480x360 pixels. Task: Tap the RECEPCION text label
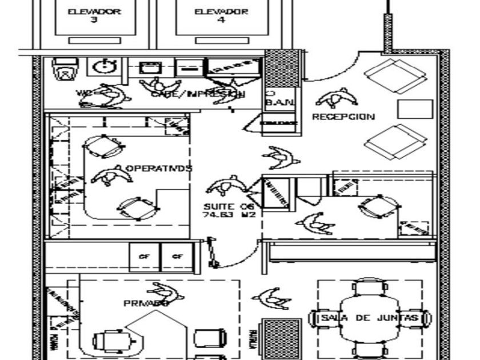[x=343, y=117]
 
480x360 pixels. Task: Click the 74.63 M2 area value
[x=228, y=215]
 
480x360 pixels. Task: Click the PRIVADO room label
[x=146, y=303]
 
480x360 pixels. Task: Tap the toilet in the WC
[x=64, y=70]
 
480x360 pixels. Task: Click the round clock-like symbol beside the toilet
[x=105, y=67]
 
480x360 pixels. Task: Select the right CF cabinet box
[x=178, y=256]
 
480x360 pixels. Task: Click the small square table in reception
[x=415, y=109]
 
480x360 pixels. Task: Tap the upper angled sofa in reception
[x=396, y=75]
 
